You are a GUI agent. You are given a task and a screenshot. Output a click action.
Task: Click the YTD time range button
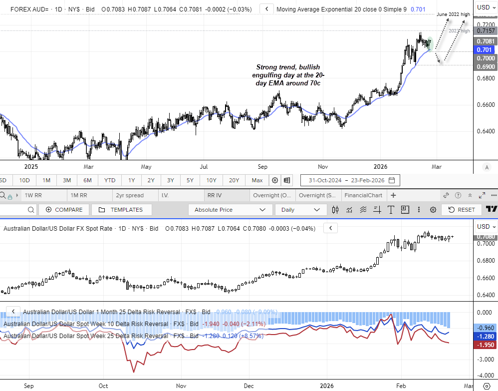coord(110,180)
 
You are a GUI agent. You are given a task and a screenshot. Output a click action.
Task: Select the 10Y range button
coord(211,180)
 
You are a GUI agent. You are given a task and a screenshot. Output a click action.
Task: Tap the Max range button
coord(257,180)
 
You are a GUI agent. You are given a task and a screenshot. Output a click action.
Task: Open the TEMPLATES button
coord(120,210)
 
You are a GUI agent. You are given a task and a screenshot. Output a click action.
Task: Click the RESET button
coord(462,210)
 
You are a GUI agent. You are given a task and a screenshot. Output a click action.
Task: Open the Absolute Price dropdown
coord(230,210)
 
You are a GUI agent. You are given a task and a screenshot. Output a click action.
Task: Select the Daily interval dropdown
coord(300,210)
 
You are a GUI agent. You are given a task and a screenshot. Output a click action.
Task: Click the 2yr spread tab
coord(129,195)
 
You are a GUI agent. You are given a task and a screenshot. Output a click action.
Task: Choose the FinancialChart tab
coord(363,195)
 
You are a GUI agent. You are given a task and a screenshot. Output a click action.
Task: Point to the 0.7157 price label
coord(486,31)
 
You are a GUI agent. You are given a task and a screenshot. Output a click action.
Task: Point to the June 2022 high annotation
coord(453,14)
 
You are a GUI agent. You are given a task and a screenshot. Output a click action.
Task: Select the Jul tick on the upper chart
coord(204,166)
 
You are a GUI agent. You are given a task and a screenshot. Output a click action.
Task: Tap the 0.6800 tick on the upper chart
coord(486,78)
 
